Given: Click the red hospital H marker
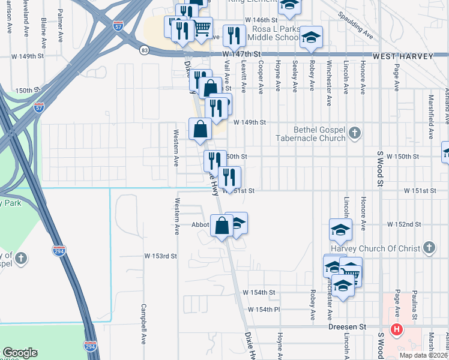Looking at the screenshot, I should (x=396, y=329).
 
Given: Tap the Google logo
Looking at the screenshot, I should (x=20, y=353).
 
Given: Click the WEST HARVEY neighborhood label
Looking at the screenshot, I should (x=403, y=56).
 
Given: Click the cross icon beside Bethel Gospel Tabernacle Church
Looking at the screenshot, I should (x=355, y=133).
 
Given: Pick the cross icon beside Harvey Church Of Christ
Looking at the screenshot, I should (x=429, y=247).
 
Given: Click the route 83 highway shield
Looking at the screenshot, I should (x=144, y=50).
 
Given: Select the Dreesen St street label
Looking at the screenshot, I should (x=347, y=327).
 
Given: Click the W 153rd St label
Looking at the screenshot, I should (x=160, y=256).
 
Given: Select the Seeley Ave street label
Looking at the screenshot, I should (x=294, y=76).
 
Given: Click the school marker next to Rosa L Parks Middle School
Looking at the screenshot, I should (x=311, y=37).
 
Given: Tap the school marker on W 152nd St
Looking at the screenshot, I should (x=340, y=230).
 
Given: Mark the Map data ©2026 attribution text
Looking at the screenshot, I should (x=424, y=355).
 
